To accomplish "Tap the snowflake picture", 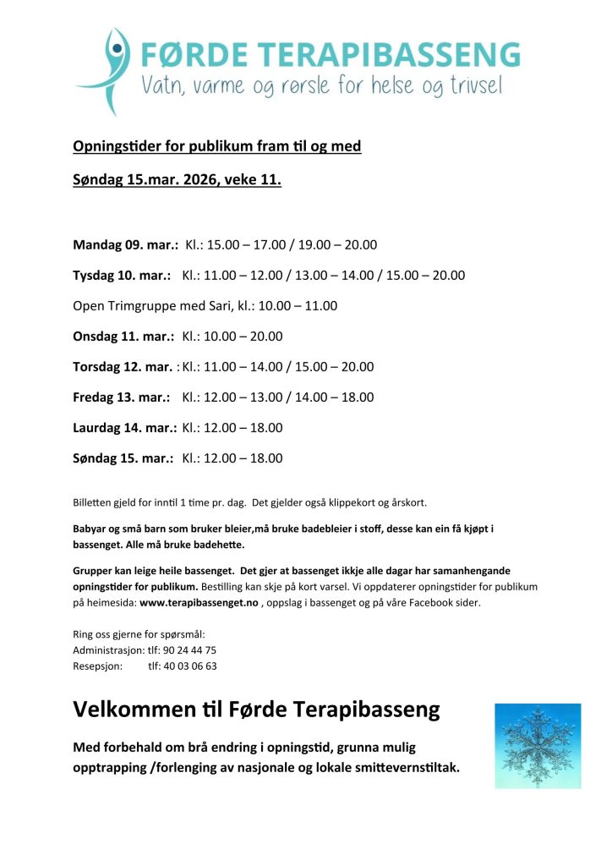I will [x=538, y=746].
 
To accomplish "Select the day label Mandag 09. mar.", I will [x=125, y=245].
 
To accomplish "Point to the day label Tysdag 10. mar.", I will [x=122, y=276].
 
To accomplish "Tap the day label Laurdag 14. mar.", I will [x=124, y=428].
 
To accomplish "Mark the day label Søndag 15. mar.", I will [x=123, y=458].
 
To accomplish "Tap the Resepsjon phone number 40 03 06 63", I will [x=182, y=666].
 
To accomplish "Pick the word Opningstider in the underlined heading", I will [x=117, y=146].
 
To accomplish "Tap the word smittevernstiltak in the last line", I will [x=402, y=769].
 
